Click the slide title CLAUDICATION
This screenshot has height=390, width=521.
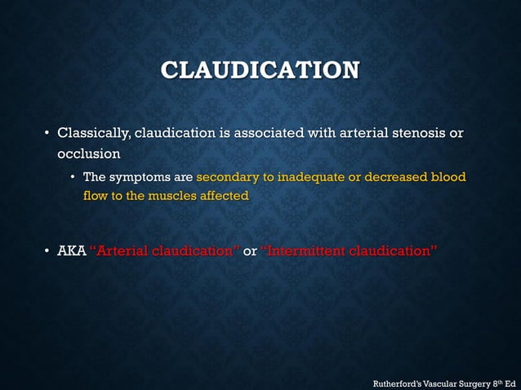point(260,70)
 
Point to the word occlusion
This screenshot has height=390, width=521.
point(88,153)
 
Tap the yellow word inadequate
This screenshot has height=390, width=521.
point(311,177)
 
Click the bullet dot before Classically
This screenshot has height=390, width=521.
point(47,133)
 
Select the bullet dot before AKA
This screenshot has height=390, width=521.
point(47,250)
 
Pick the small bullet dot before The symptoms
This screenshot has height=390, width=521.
point(73,177)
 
